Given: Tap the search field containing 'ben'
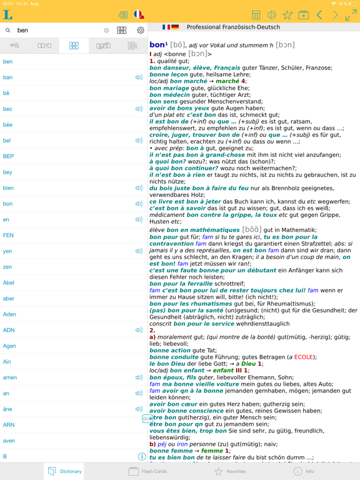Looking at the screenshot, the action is pyautogui.click(x=56, y=30).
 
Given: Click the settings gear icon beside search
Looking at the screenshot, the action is pyautogui.click(x=140, y=30).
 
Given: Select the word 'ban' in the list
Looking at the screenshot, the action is pyautogui.click(x=8, y=77).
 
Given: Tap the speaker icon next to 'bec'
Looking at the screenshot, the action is pyautogui.click(x=139, y=109).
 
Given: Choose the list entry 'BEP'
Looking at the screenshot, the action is pyautogui.click(x=9, y=156).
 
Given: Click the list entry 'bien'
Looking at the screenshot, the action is pyautogui.click(x=9, y=188).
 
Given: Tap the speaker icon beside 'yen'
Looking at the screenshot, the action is pyautogui.click(x=139, y=251).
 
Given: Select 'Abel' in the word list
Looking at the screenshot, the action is pyautogui.click(x=9, y=282).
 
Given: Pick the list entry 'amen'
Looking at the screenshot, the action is pyautogui.click(x=10, y=377).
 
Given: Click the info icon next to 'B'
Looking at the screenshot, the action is pyautogui.click(x=142, y=456).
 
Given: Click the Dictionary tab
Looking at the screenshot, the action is pyautogui.click(x=65, y=471).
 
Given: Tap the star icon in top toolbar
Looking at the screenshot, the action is pyautogui.click(x=287, y=15).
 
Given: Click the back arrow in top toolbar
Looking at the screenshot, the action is pyautogui.click(x=319, y=15).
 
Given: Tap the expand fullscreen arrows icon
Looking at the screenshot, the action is pyautogui.click(x=351, y=15).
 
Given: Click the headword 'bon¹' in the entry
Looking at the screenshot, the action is pyautogui.click(x=157, y=45).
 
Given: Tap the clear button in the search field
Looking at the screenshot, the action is pyautogui.click(x=106, y=30).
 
